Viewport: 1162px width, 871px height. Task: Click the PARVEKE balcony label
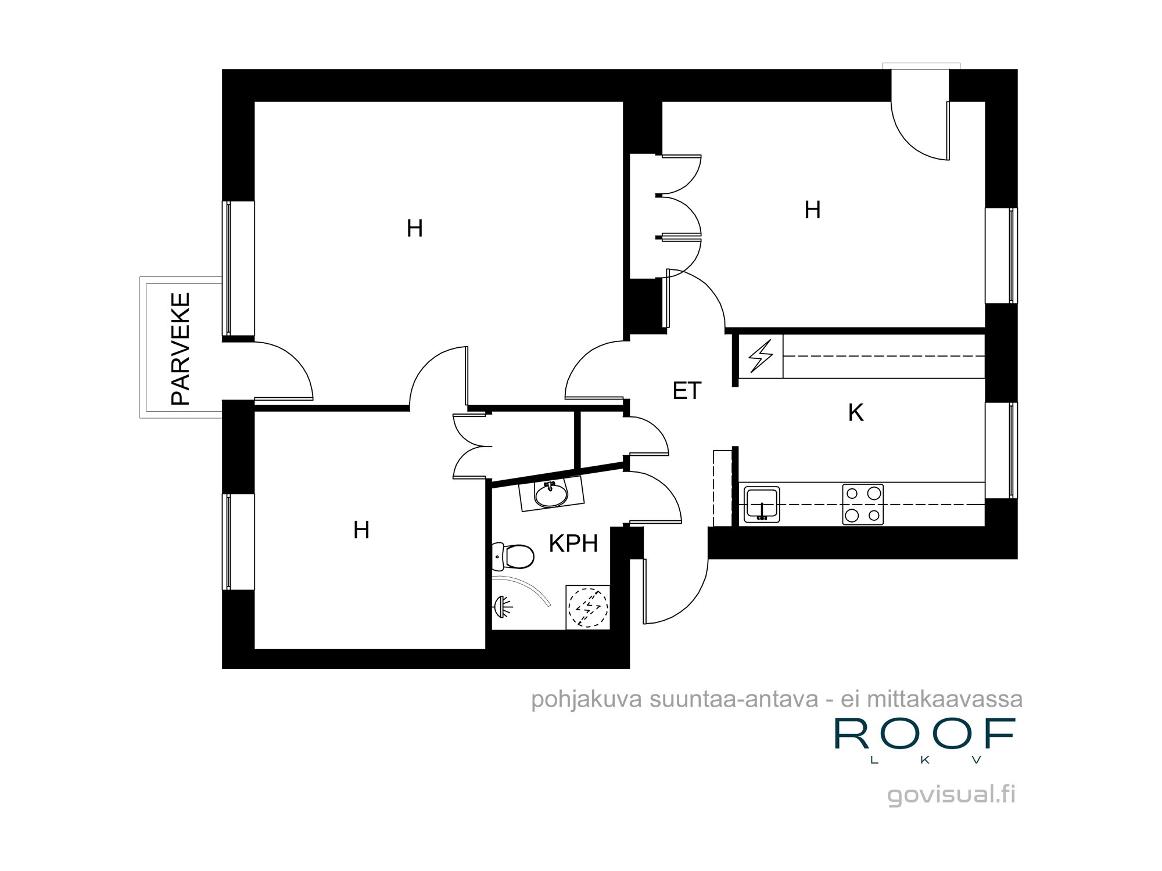pos(181,348)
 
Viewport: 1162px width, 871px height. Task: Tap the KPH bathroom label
pos(573,544)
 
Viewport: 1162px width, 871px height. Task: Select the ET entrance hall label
pos(687,391)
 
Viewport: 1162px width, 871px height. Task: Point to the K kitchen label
pos(855,412)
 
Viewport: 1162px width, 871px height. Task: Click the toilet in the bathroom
pos(514,556)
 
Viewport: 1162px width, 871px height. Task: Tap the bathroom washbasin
pos(551,495)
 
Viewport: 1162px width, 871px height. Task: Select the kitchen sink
pos(762,505)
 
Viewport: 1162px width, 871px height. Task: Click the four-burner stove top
pos(863,504)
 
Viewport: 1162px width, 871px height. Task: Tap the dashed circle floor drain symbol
pos(588,607)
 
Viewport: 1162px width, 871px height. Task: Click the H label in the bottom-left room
pos(361,530)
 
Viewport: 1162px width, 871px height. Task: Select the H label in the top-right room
pos(812,210)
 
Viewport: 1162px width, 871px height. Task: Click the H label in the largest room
pos(414,228)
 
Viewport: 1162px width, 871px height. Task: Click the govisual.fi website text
pos(951,794)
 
